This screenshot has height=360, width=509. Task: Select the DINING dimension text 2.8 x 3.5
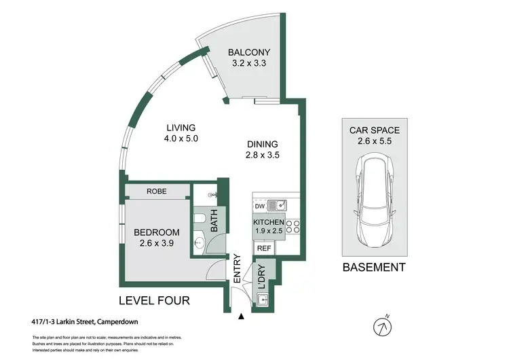click(x=263, y=155)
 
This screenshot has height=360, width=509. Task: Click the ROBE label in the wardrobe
click(x=157, y=192)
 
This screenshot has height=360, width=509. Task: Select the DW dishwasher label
click(x=259, y=206)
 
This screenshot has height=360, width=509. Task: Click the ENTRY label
click(x=237, y=268)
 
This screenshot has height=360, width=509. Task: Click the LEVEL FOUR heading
click(x=154, y=300)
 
